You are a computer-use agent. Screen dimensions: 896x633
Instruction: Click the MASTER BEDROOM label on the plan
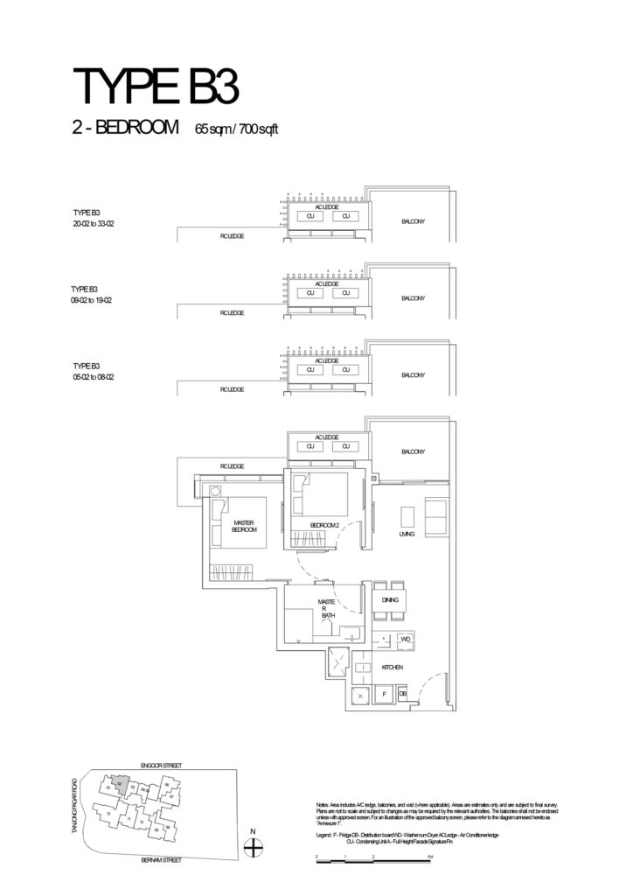[244, 526]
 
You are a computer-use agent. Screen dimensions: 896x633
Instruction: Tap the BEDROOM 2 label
[323, 525]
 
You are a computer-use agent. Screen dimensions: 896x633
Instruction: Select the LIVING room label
[407, 533]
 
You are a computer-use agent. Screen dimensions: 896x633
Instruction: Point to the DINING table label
[390, 601]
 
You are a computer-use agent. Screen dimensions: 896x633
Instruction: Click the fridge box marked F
[385, 695]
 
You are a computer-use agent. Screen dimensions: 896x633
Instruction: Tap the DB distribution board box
[402, 695]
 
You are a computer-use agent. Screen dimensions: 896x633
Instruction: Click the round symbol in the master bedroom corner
[215, 491]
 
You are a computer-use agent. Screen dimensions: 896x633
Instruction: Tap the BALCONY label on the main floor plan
[412, 452]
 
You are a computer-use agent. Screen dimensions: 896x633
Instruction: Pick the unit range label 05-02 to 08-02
[94, 377]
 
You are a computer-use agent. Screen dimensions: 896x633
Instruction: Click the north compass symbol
[253, 846]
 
